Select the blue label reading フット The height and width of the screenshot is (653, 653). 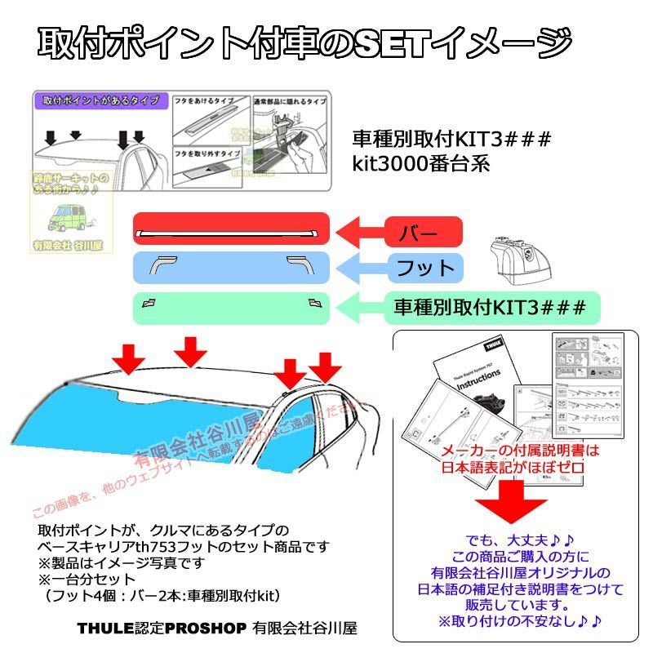click(424, 268)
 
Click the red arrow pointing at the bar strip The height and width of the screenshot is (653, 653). click(359, 232)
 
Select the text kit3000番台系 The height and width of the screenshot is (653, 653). click(420, 162)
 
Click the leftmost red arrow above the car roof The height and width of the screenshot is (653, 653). click(129, 356)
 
